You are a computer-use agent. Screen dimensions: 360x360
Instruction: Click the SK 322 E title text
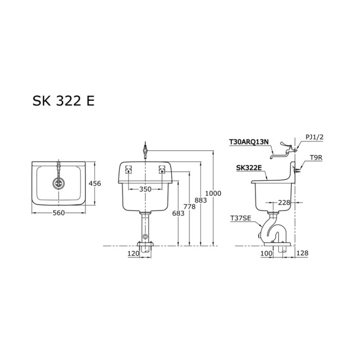click(x=64, y=101)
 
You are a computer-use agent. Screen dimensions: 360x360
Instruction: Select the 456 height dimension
click(x=95, y=184)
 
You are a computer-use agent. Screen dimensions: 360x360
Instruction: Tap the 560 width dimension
click(x=58, y=213)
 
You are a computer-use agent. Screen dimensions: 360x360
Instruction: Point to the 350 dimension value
click(x=146, y=189)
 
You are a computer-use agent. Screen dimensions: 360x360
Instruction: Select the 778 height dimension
click(x=190, y=206)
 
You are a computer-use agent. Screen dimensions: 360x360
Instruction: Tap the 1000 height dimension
click(x=213, y=193)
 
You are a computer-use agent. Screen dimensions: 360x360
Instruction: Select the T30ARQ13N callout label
click(x=249, y=141)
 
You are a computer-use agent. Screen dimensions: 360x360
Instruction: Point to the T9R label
click(x=315, y=158)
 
